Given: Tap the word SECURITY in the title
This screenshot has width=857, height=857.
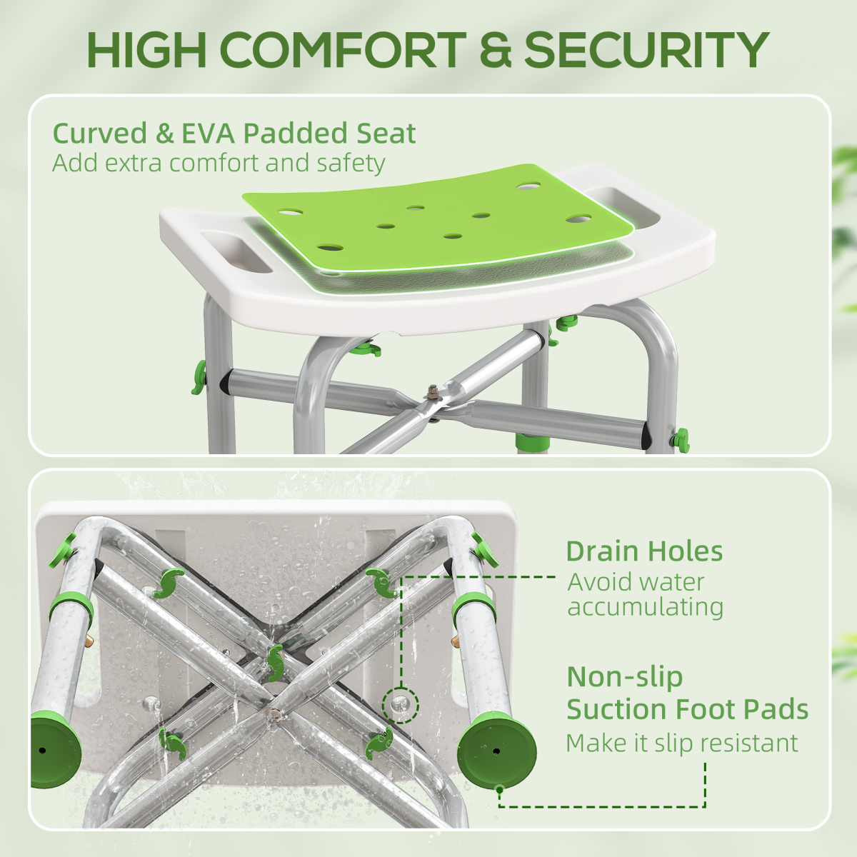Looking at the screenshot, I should (x=646, y=50).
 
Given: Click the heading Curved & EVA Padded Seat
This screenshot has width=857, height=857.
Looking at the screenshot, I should (x=234, y=134).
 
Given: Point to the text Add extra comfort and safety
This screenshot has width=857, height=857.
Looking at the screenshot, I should (x=219, y=163).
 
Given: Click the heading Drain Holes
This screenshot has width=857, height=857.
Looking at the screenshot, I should (x=644, y=551).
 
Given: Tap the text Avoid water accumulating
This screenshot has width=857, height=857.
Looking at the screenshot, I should (x=645, y=594).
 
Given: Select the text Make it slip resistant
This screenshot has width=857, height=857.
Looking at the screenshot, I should (x=681, y=743).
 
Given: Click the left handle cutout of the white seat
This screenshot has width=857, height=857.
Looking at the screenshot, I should (x=236, y=250).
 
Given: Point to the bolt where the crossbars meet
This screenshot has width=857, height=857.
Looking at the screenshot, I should (x=431, y=392).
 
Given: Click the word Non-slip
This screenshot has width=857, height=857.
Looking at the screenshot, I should (x=625, y=677).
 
